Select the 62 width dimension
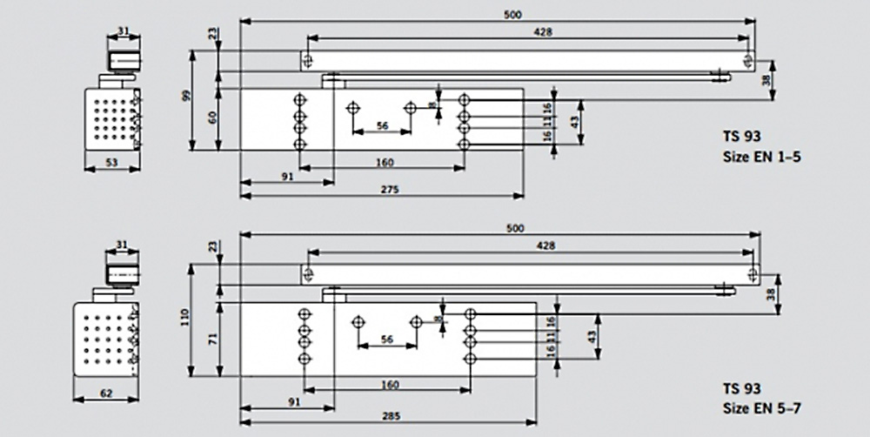(x=106, y=393)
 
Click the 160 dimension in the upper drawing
(x=385, y=163)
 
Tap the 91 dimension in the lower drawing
(x=291, y=402)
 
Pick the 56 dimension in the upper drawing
(x=381, y=125)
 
